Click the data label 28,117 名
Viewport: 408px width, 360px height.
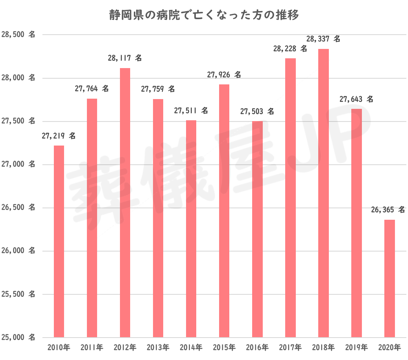125,59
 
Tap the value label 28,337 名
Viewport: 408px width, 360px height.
323,40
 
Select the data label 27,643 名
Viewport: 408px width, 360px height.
356,99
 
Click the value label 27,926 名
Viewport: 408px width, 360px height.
224,75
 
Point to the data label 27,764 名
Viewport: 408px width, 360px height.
92,88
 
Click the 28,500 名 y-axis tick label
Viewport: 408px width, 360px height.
19,35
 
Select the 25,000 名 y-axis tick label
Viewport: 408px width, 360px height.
19,337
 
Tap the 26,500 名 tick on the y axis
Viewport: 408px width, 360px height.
19,208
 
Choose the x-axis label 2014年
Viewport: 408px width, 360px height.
191,348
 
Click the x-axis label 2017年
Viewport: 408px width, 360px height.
290,348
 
